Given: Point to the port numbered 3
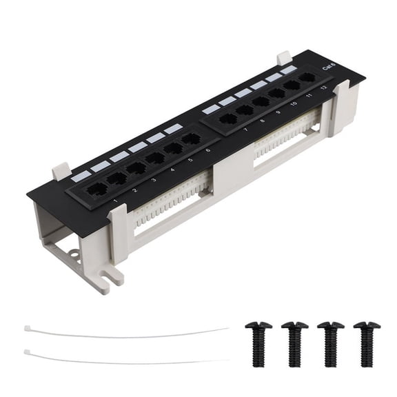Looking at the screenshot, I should (136, 167).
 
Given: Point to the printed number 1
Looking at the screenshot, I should (115, 201).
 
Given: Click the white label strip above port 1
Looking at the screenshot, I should (81, 175).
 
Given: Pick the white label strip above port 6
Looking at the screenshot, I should (173, 128).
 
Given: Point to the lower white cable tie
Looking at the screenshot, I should (124, 358).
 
